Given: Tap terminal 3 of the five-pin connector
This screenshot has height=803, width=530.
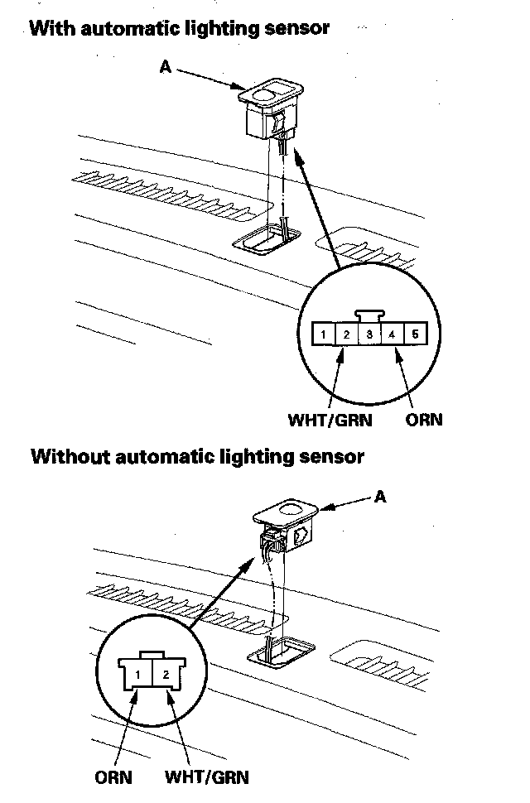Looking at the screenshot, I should pyautogui.click(x=370, y=335).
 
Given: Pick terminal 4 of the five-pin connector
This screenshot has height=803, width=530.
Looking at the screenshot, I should pyautogui.click(x=393, y=335).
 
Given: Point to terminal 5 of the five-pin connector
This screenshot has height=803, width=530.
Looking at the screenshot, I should pyautogui.click(x=417, y=335).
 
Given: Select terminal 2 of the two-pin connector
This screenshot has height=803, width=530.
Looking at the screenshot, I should pyautogui.click(x=166, y=673).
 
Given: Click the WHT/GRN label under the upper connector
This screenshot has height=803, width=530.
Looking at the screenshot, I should pyautogui.click(x=330, y=420).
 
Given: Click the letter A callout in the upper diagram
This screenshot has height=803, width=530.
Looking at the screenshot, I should pyautogui.click(x=165, y=67).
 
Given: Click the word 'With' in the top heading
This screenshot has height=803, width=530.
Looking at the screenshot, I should pyautogui.click(x=49, y=28).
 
